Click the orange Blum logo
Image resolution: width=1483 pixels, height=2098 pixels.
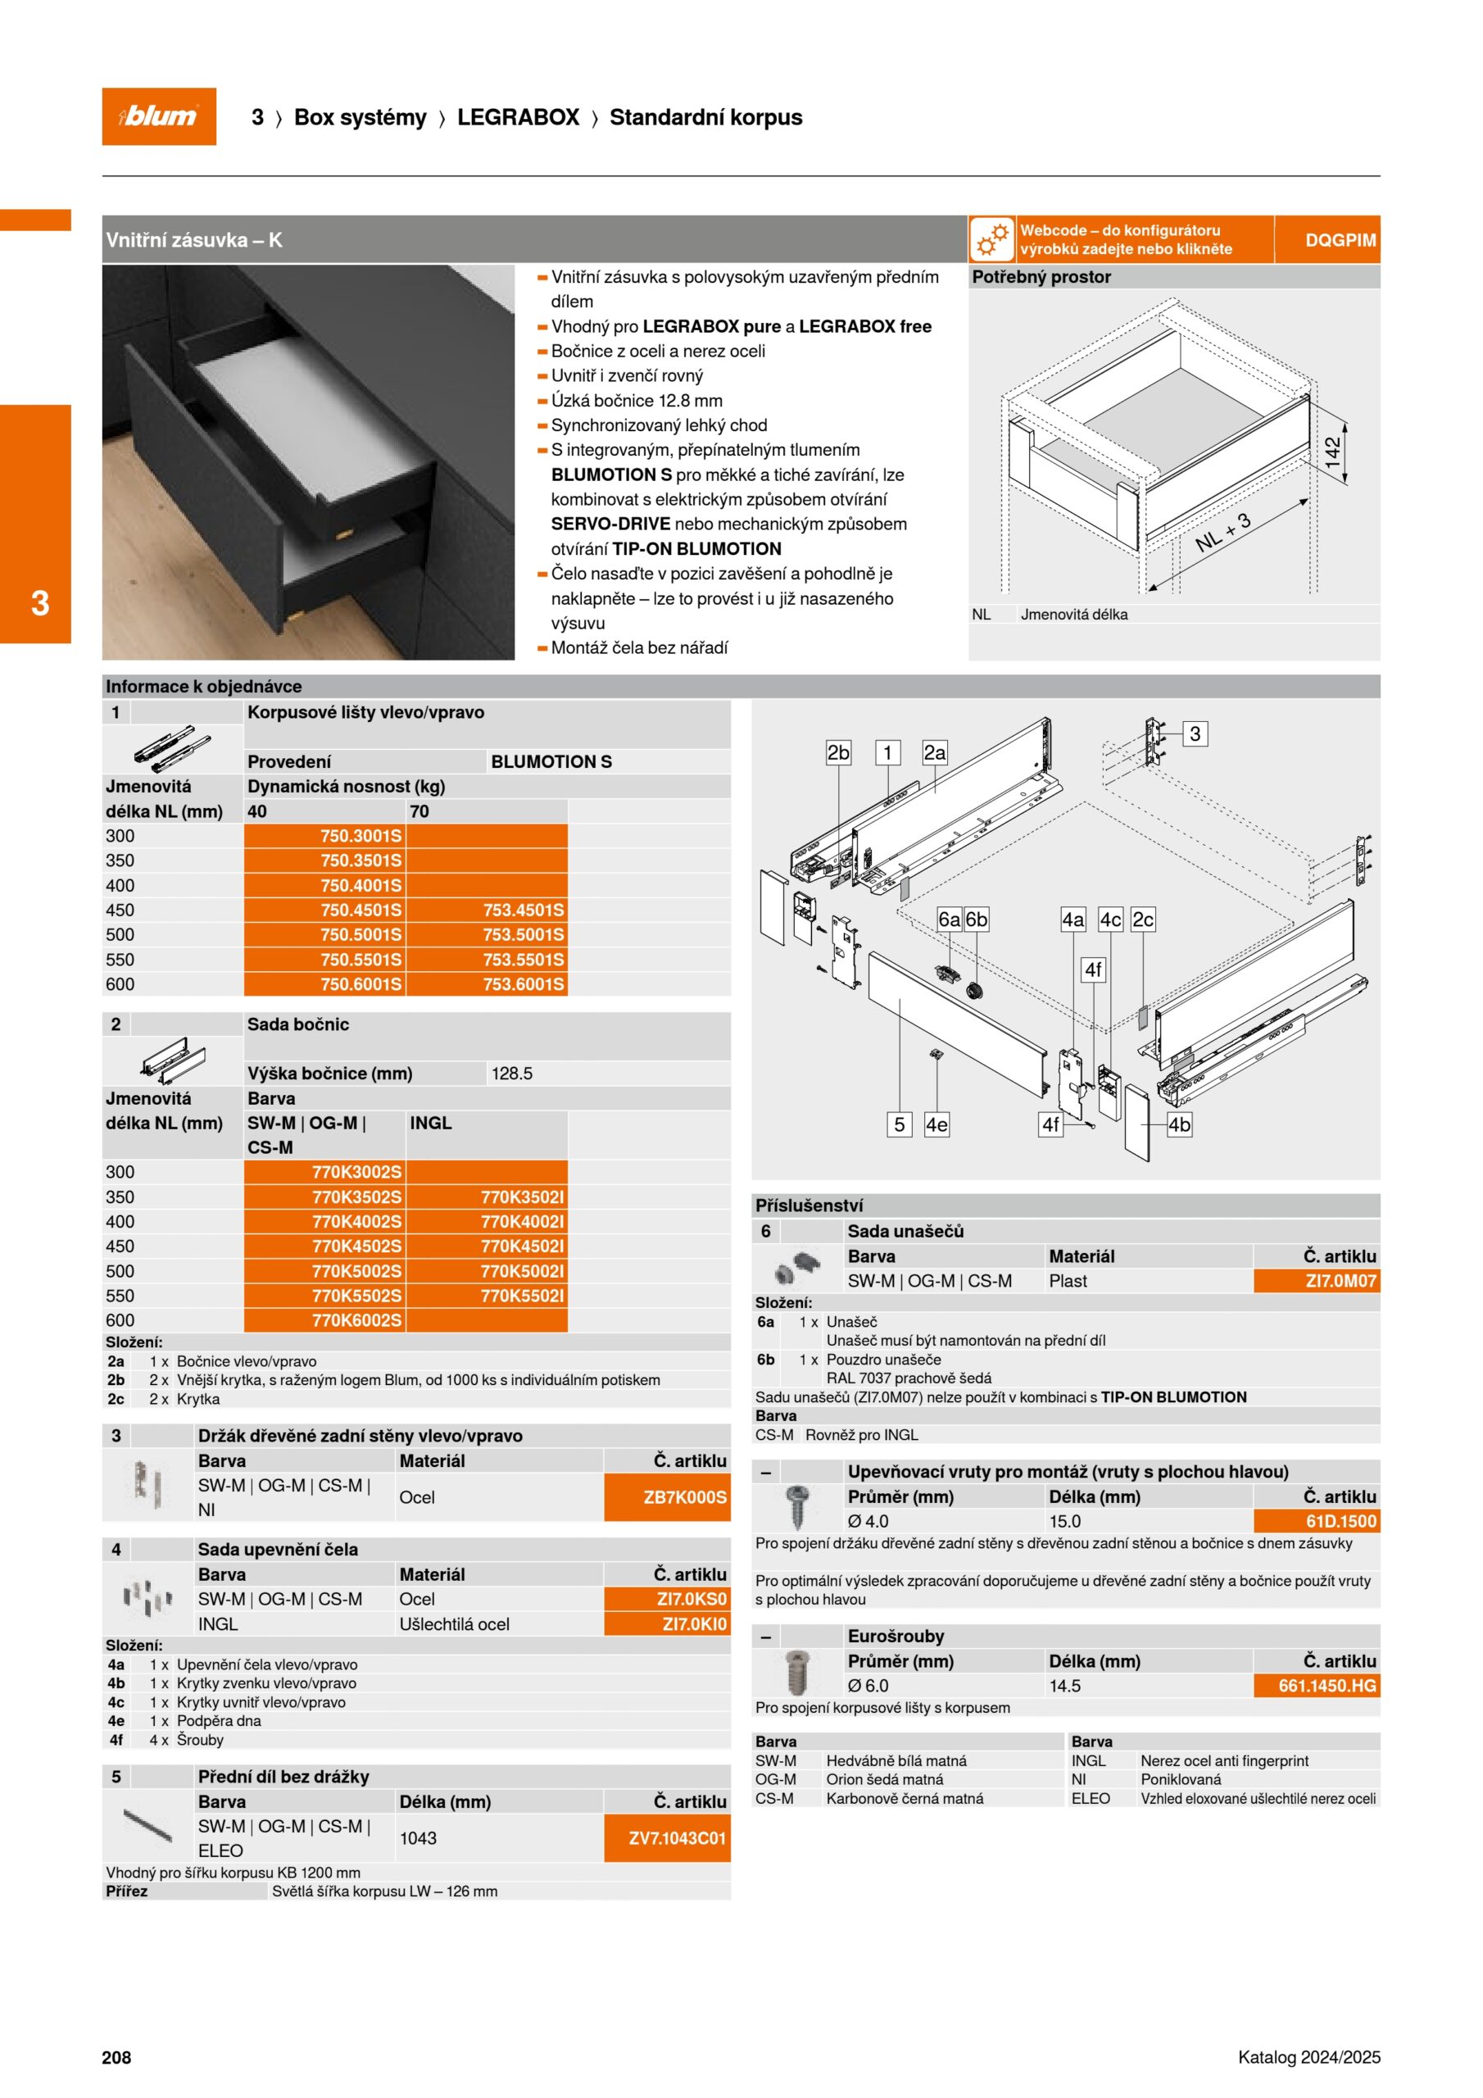point(159,116)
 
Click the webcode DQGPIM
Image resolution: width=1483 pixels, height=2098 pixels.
point(1340,240)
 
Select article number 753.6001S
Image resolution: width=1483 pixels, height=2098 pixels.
point(524,984)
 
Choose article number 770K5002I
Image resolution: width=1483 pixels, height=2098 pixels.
point(522,1271)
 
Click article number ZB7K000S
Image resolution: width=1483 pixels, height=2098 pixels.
point(684,1496)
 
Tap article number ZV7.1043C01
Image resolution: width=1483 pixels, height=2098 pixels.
point(677,1837)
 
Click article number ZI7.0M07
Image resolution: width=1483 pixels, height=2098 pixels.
point(1340,1281)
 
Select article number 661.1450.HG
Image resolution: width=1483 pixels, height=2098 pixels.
point(1327,1686)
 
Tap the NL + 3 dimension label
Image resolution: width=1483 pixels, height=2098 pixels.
point(1222,532)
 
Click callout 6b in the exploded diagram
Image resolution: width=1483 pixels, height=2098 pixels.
point(977,920)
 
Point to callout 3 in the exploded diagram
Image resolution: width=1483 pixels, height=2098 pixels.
point(1195,733)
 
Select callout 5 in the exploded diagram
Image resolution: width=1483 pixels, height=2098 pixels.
point(899,1125)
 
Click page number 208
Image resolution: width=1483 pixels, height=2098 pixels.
point(116,2057)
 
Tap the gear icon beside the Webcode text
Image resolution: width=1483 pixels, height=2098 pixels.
point(992,240)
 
